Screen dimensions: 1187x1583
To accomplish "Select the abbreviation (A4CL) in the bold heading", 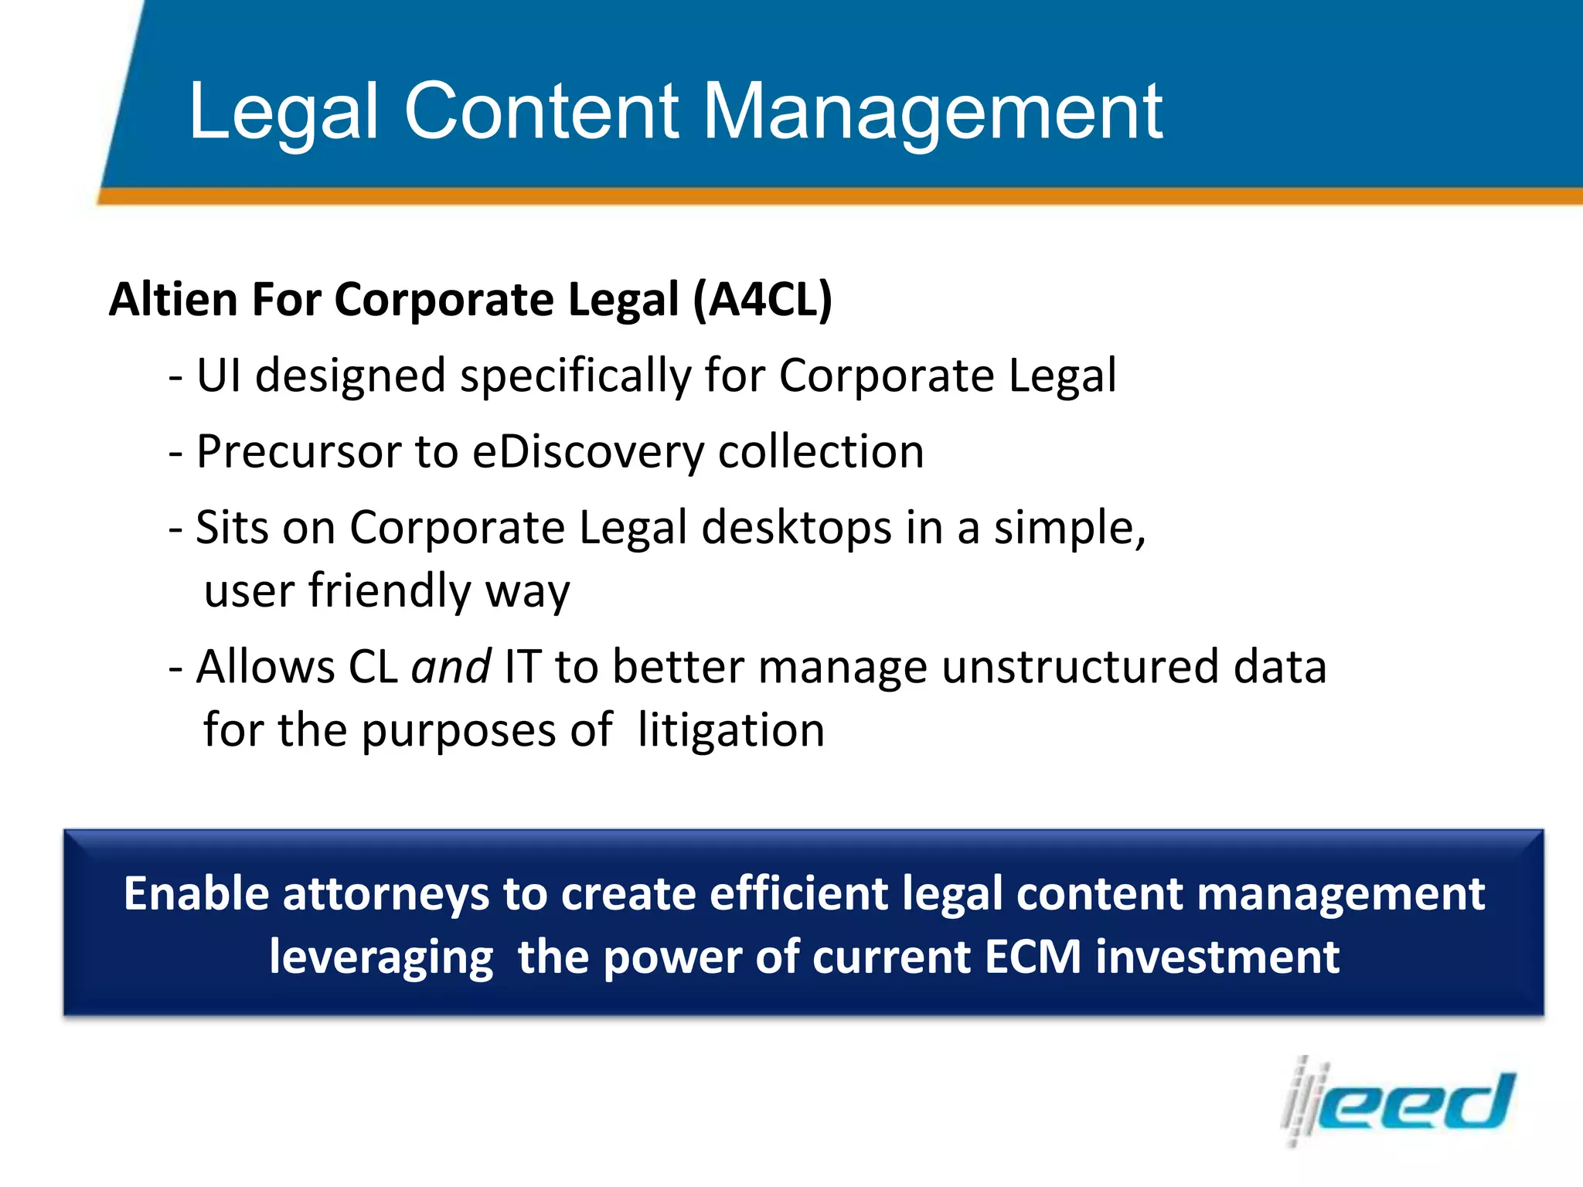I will [x=762, y=300].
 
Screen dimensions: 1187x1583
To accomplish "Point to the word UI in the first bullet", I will [x=219, y=376].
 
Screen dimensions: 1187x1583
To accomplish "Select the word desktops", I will [x=796, y=529].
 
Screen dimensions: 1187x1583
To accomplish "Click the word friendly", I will [x=390, y=591].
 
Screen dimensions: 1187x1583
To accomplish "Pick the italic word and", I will [x=451, y=667].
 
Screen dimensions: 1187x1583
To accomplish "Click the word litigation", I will [x=731, y=730].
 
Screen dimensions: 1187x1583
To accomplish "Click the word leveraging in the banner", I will [x=381, y=958].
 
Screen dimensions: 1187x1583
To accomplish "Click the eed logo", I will [x=1399, y=1101].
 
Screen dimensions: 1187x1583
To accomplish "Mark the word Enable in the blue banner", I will [x=196, y=894].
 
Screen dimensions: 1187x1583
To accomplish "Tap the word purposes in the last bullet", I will [x=458, y=732].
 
